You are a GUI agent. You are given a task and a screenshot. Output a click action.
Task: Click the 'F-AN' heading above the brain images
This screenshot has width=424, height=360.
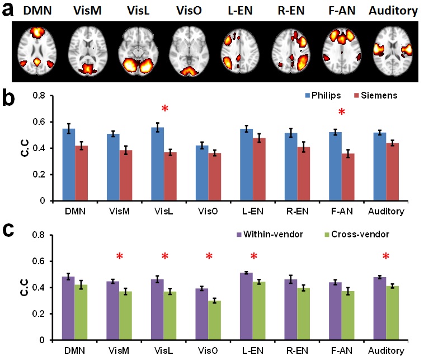[343, 10]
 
